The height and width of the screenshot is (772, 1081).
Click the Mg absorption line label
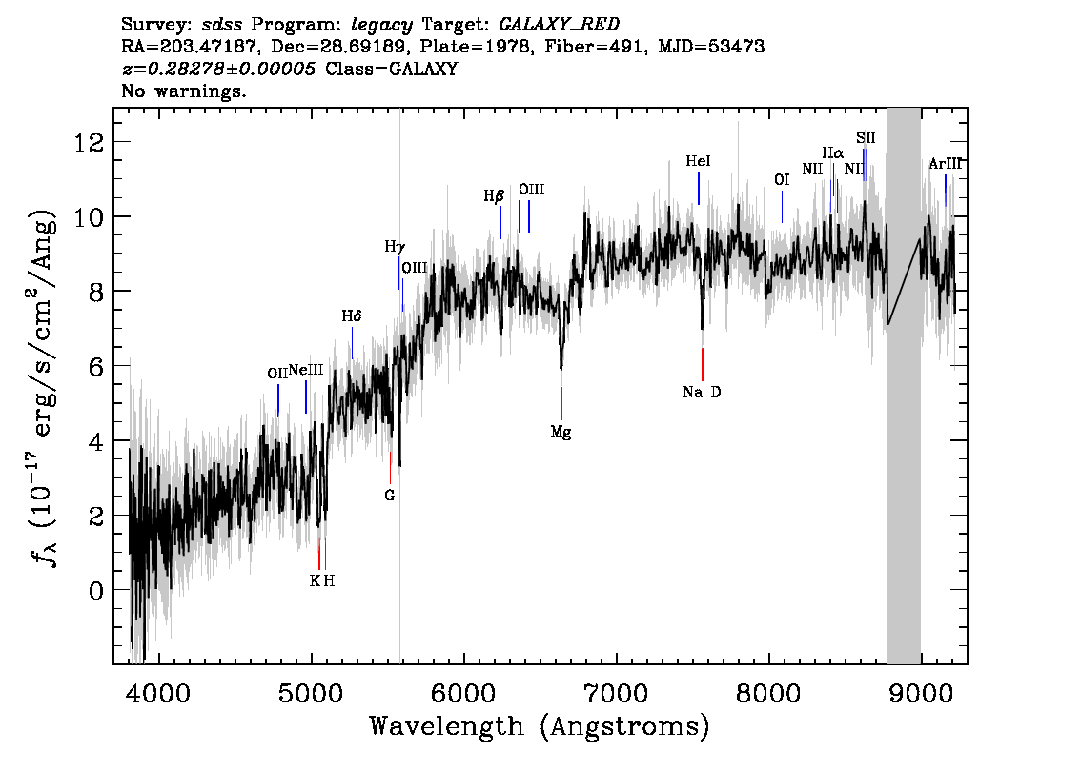tap(561, 433)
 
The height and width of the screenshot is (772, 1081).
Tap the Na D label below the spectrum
tap(702, 393)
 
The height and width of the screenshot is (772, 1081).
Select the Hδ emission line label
tap(352, 316)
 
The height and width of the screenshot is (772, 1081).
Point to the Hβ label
tap(494, 196)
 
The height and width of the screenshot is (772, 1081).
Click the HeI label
tap(698, 161)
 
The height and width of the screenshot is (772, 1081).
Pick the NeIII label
tap(305, 370)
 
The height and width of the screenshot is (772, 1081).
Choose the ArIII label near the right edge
tap(945, 164)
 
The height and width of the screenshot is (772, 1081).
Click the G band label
tap(390, 496)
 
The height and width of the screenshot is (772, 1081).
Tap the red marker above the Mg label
tap(561, 403)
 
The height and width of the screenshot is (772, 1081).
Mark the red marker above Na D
tap(703, 365)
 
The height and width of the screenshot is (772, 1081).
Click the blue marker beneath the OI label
tap(782, 207)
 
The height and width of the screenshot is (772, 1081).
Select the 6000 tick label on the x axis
tap(464, 692)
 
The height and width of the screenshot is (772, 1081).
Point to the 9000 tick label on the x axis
tap(921, 692)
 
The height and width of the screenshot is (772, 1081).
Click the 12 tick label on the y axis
tap(90, 143)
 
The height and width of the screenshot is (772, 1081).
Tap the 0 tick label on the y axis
tap(97, 591)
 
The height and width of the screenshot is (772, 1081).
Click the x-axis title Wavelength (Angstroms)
tap(540, 726)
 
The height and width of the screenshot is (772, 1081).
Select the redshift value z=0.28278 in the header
tap(218, 69)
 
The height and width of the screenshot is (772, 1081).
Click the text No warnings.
tap(183, 91)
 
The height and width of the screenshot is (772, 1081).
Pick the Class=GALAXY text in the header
tap(392, 69)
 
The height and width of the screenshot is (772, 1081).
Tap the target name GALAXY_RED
tap(560, 25)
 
